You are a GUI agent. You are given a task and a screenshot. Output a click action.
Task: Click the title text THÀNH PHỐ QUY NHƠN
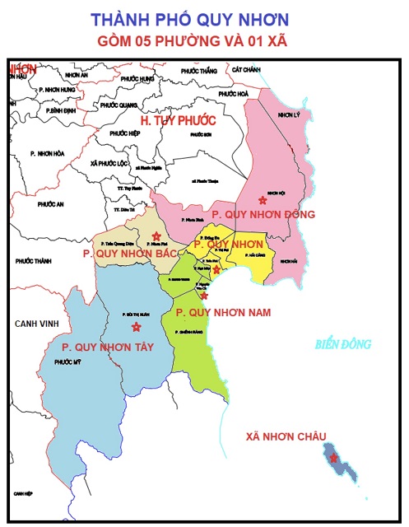point(202,18)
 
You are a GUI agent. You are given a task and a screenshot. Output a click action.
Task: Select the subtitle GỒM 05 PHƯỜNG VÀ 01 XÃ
point(202,40)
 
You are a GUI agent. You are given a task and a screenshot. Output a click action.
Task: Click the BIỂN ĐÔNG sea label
point(343,344)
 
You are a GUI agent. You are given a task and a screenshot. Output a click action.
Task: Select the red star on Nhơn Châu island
point(333,458)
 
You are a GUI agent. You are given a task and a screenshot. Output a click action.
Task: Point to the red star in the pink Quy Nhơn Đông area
point(263,199)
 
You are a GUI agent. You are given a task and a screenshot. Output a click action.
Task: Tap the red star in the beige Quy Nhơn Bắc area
point(156,236)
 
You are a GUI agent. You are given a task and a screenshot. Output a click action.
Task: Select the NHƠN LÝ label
point(290,114)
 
